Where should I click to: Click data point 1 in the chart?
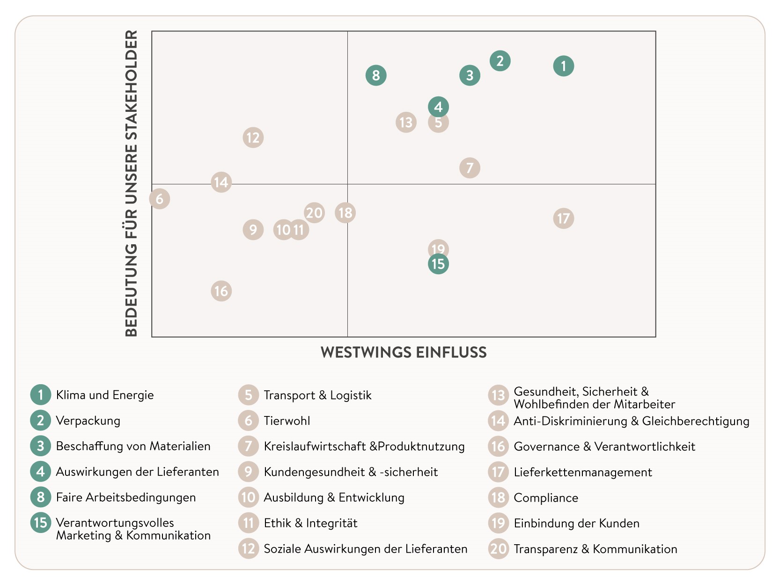(x=563, y=66)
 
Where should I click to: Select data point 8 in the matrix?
(x=376, y=75)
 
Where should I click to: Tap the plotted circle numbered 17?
(x=563, y=219)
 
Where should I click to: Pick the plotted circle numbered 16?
(x=221, y=291)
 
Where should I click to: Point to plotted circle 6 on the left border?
(x=160, y=199)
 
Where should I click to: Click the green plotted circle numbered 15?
(x=438, y=264)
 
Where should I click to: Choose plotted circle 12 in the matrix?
(x=253, y=138)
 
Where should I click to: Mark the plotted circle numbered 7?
(x=470, y=168)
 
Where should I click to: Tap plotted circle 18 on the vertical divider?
(x=345, y=213)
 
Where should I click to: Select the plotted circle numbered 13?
(x=406, y=123)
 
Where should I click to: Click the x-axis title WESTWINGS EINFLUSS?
(x=404, y=352)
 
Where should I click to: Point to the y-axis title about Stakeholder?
(x=132, y=183)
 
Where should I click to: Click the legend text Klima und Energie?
(x=105, y=395)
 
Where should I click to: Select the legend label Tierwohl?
(x=287, y=421)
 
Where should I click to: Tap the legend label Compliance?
(x=546, y=498)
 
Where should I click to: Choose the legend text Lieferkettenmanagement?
(x=583, y=472)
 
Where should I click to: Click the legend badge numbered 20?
(x=499, y=548)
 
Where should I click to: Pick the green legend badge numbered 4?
(x=41, y=471)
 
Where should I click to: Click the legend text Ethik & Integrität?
(x=310, y=523)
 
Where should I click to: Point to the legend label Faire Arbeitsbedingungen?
(x=126, y=497)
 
